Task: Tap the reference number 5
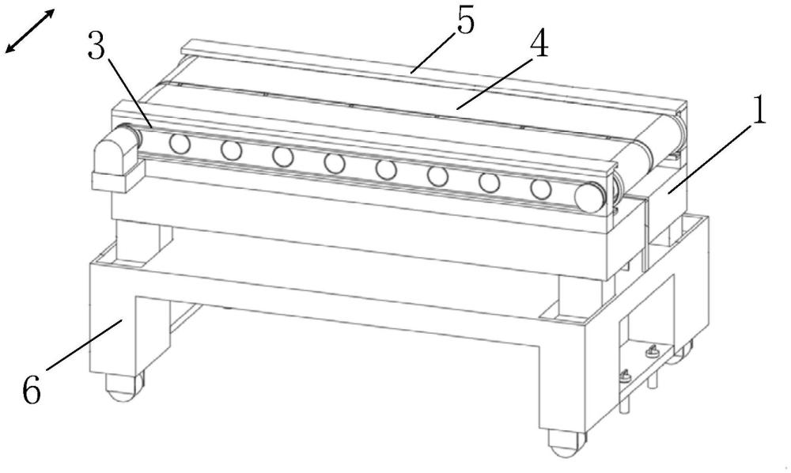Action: pyautogui.click(x=466, y=21)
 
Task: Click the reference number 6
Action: pyautogui.click(x=32, y=389)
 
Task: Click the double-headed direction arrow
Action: pyautogui.click(x=30, y=31)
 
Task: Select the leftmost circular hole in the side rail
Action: pyautogui.click(x=180, y=144)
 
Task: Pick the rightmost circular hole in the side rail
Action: pyautogui.click(x=541, y=188)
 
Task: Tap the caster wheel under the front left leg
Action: pyautogui.click(x=123, y=388)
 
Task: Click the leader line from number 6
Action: pyautogui.click(x=85, y=345)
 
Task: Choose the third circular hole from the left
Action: pyautogui.click(x=283, y=157)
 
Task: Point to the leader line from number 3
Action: pyautogui.click(x=129, y=93)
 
